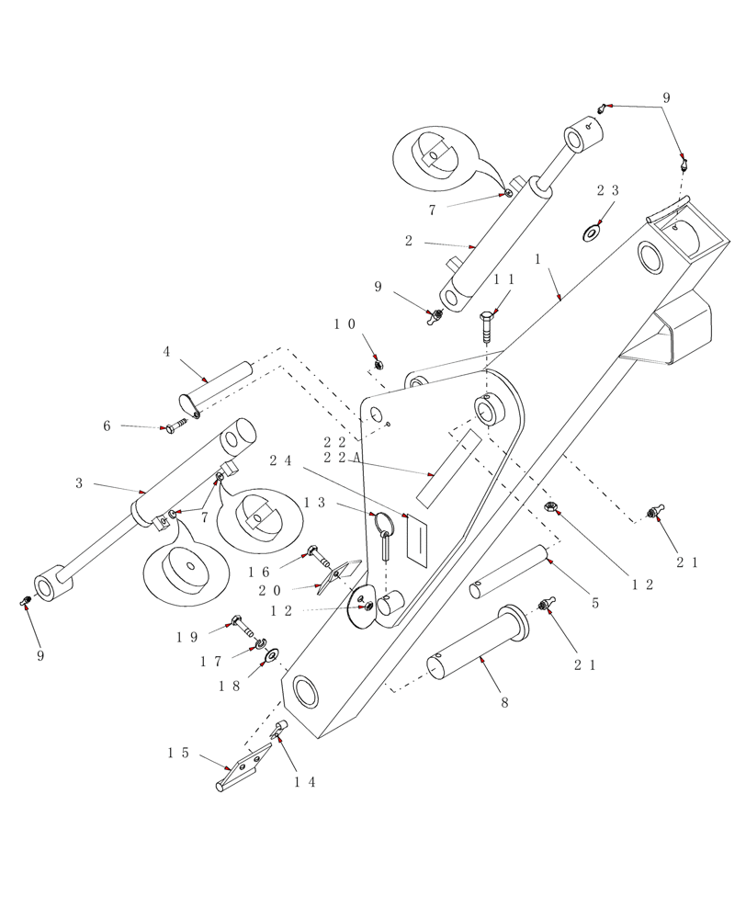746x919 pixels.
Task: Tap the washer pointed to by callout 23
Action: pos(590,233)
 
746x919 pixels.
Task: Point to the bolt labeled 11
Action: pos(486,326)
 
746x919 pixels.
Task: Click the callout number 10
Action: pos(344,323)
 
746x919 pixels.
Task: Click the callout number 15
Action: pos(178,753)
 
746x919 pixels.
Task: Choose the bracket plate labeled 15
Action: pos(243,767)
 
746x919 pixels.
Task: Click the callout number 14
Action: pos(305,782)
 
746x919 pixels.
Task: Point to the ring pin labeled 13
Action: pos(385,538)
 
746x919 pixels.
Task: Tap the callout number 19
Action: pos(187,636)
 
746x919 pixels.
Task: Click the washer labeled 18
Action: pos(273,655)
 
